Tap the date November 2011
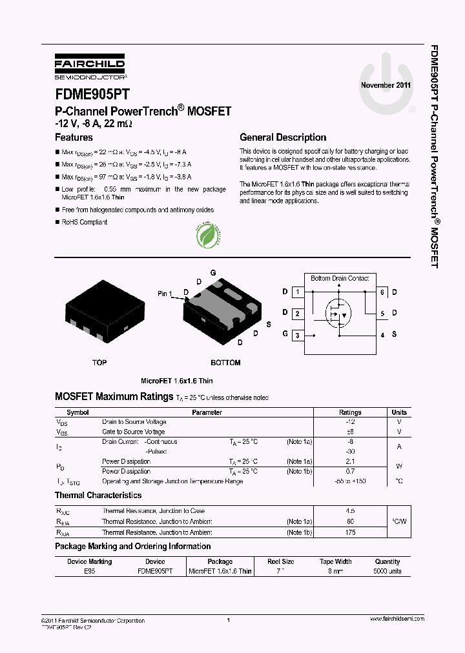(386, 85)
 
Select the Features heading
(74, 137)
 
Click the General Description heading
(283, 137)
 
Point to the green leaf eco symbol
(210, 236)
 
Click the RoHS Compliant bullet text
(84, 222)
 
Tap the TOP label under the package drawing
(99, 363)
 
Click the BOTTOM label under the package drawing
(225, 363)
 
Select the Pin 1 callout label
(165, 294)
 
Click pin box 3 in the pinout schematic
(297, 335)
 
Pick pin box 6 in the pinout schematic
(382, 292)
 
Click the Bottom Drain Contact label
(340, 279)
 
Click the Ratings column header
(351, 412)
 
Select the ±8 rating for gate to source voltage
(351, 432)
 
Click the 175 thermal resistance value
(351, 532)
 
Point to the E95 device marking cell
(89, 571)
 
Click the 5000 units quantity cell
(387, 571)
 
